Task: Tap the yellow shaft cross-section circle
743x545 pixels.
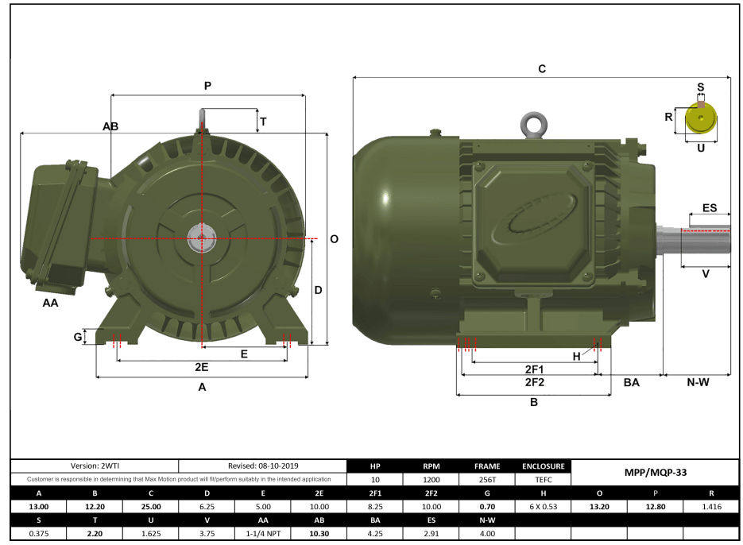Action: [700, 120]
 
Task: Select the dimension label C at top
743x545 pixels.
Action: [542, 69]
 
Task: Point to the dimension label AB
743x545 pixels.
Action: [110, 127]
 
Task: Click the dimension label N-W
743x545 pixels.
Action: [698, 383]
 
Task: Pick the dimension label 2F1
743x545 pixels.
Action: [534, 369]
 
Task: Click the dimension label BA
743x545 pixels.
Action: [631, 383]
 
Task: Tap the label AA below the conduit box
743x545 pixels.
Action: [51, 303]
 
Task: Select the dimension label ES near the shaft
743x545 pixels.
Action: [710, 208]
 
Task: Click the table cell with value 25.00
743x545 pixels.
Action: [151, 507]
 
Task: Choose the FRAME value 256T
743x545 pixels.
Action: [486, 480]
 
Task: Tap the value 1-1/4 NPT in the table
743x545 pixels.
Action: [263, 534]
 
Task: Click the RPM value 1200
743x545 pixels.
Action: [430, 480]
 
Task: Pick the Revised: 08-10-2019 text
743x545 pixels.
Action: [263, 466]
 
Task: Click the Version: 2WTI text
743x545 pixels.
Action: [95, 466]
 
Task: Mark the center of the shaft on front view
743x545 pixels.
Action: [202, 238]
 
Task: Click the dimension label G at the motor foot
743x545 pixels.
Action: [78, 337]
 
